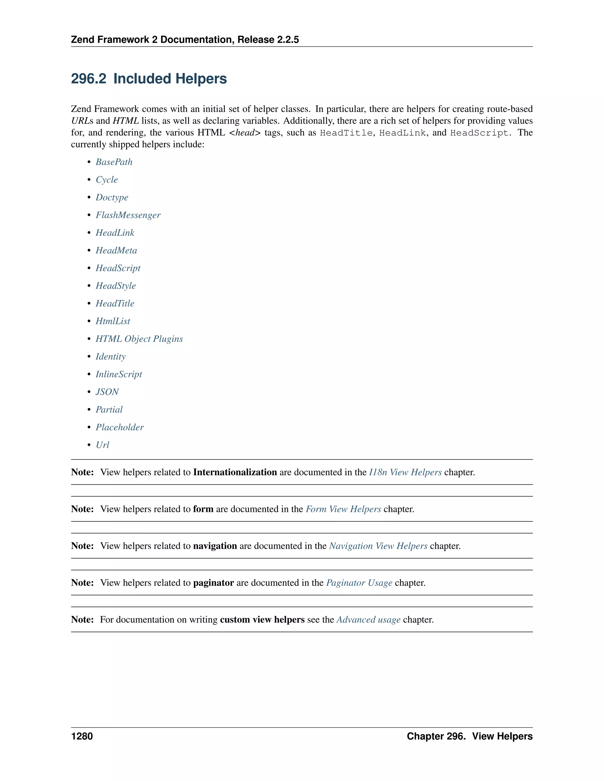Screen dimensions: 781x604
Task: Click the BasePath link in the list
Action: point(114,162)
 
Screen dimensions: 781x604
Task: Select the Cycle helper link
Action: point(107,179)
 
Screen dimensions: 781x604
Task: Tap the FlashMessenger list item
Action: point(128,215)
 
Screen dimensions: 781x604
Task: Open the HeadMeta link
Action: point(116,250)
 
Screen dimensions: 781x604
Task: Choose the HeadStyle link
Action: point(116,286)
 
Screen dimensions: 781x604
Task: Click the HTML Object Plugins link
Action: point(139,339)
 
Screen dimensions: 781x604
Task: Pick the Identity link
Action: point(111,357)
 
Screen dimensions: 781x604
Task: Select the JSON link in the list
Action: point(107,392)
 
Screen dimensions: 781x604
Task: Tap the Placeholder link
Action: point(119,427)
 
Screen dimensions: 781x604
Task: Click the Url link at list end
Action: point(102,445)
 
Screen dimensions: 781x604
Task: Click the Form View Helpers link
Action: point(343,509)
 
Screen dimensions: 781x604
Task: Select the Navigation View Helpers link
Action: point(378,546)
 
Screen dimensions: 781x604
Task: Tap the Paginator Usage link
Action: point(359,583)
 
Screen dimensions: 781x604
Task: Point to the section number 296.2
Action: point(88,79)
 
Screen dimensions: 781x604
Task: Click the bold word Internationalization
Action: point(235,472)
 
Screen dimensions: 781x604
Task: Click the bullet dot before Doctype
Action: point(89,197)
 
